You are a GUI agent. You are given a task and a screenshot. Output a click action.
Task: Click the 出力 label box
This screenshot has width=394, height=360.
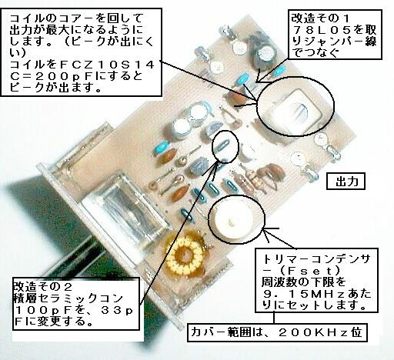[x=346, y=182]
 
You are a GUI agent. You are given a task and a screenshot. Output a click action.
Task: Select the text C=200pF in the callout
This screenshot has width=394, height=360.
[x=52, y=77]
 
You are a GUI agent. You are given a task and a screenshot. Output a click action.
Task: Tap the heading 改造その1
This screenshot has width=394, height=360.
[x=320, y=18]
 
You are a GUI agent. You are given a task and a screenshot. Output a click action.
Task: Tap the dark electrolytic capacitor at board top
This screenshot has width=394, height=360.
[x=261, y=56]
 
